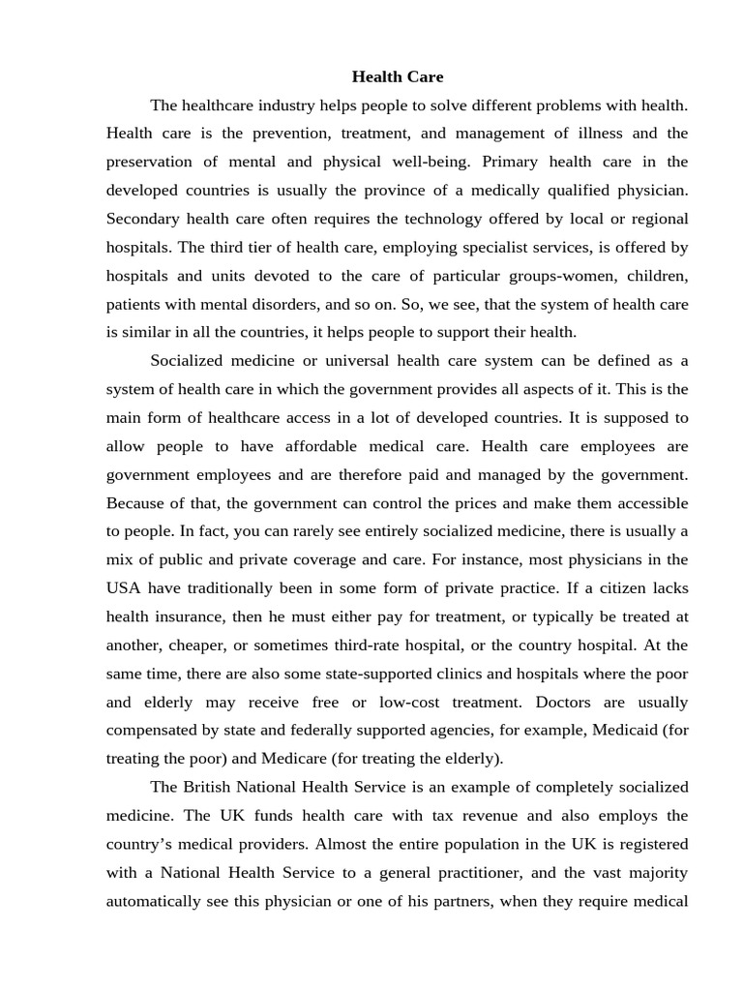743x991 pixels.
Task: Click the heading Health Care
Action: pos(397,75)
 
